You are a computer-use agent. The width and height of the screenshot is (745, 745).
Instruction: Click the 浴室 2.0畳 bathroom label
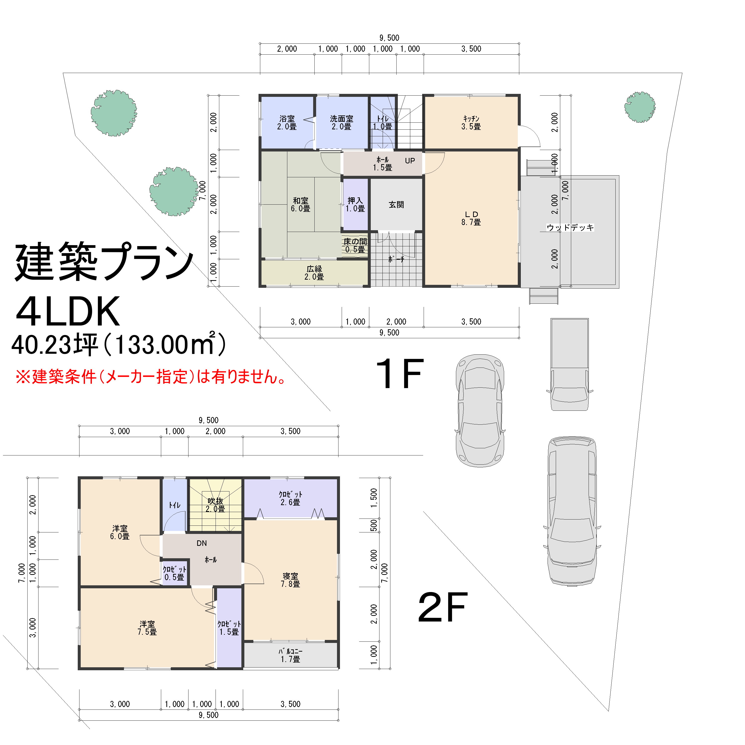tap(287, 123)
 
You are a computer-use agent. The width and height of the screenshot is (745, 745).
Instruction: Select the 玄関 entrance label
tap(396, 205)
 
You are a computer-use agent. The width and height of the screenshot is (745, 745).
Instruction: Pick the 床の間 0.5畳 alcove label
tap(355, 246)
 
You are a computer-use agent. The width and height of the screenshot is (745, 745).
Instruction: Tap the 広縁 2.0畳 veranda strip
tap(314, 273)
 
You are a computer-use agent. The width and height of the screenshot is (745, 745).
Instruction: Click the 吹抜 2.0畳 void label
tap(215, 505)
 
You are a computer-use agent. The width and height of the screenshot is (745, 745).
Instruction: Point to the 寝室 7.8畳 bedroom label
tap(290, 580)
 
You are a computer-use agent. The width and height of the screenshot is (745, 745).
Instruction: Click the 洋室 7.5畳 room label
tap(147, 628)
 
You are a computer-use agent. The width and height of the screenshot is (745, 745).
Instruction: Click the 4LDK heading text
tap(68, 312)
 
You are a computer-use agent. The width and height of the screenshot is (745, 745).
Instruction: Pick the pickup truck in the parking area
tap(569, 364)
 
